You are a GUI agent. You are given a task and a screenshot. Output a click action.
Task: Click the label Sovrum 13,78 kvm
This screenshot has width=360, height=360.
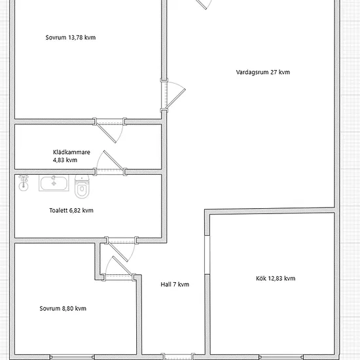point(71,37)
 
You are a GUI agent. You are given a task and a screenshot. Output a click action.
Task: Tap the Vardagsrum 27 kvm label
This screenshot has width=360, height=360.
point(263,72)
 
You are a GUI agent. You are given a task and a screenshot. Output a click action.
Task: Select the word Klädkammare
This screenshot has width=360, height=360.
point(71,152)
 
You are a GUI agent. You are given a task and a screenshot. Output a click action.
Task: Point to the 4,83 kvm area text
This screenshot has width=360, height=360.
point(65,160)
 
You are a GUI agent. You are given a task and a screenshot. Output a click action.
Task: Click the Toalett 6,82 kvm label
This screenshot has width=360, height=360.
point(71,210)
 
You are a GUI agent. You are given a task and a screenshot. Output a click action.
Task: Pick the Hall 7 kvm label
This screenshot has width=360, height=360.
point(175,285)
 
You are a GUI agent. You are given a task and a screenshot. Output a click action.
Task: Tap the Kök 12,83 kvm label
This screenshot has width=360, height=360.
point(276,278)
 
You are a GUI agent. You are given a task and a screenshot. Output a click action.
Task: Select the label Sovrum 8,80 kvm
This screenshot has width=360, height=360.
point(63,308)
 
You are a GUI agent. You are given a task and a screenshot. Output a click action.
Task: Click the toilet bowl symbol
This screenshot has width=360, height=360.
point(82,187)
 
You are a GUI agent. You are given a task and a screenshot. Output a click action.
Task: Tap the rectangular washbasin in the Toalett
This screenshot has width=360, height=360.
point(54,183)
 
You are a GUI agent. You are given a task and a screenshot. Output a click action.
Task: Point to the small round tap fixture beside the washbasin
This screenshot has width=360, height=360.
point(24,183)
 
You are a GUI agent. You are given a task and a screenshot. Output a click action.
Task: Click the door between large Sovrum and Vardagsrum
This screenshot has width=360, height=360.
point(173,95)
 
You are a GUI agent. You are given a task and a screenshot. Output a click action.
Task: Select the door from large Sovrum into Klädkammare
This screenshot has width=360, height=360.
point(109,130)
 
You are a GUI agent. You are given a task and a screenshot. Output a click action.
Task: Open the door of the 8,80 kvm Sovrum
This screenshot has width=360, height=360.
point(118,268)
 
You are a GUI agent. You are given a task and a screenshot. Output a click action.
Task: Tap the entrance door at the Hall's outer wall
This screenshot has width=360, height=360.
point(177,357)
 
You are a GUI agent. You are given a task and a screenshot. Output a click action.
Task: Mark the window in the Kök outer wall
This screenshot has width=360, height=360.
point(281,357)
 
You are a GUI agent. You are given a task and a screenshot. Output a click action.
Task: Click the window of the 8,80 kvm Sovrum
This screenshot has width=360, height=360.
point(72,357)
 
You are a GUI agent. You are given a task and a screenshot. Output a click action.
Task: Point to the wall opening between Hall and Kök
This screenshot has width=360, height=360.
point(207,255)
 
